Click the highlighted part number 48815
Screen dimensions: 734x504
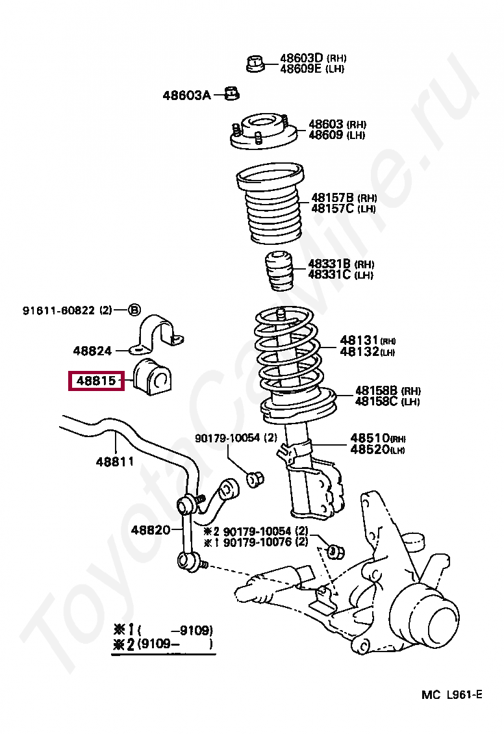(96, 381)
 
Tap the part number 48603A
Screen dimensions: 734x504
(186, 95)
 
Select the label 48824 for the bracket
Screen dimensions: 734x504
(92, 351)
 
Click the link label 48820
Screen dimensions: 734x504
(150, 530)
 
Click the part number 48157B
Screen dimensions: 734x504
(332, 197)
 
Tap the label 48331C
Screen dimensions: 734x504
(329, 275)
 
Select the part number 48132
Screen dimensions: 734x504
(359, 352)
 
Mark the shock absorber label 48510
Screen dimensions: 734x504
(370, 438)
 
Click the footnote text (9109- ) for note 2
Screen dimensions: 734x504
(175, 646)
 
